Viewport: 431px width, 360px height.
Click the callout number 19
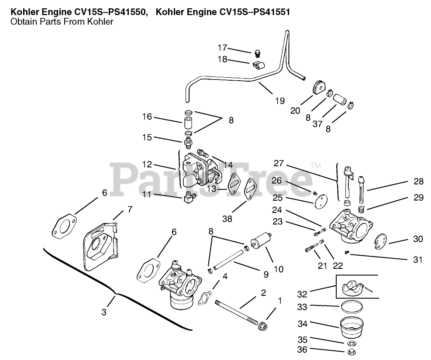[280, 101]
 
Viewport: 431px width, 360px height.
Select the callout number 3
[104, 312]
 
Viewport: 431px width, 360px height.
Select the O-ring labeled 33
[351, 306]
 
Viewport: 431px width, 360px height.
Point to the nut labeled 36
[350, 352]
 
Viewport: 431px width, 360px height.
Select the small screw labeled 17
[257, 54]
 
